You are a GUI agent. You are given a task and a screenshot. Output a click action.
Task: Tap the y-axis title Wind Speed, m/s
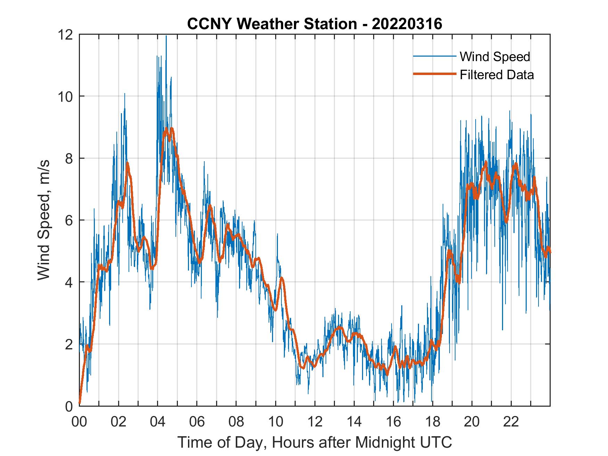tap(44, 220)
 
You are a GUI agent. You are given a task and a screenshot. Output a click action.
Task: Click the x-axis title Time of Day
tap(315, 442)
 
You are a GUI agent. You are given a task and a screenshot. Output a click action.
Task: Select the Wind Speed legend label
tap(495, 56)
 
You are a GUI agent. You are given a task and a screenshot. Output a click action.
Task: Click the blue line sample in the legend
tap(434, 56)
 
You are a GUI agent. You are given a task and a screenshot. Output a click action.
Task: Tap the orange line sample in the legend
tap(434, 74)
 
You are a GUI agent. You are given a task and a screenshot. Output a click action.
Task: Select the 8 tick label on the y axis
tap(68, 158)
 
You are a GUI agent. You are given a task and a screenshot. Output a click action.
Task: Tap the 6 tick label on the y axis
tap(68, 220)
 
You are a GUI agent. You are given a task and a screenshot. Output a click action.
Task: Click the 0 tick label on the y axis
tap(68, 406)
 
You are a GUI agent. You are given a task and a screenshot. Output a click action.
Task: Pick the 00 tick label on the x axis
tap(79, 422)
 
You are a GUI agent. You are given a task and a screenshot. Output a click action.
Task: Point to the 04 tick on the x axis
tap(158, 422)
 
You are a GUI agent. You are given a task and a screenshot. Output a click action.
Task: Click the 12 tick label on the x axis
tap(315, 422)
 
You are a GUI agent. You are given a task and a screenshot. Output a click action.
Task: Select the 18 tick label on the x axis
tap(433, 422)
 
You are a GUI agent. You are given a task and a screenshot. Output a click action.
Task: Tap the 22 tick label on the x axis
tap(511, 422)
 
